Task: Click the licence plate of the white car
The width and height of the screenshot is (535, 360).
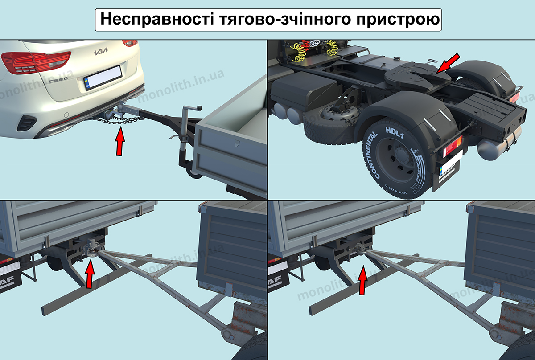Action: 103,78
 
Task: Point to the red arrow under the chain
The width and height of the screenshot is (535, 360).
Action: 119,142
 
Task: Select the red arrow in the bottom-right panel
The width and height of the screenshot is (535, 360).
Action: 363,281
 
